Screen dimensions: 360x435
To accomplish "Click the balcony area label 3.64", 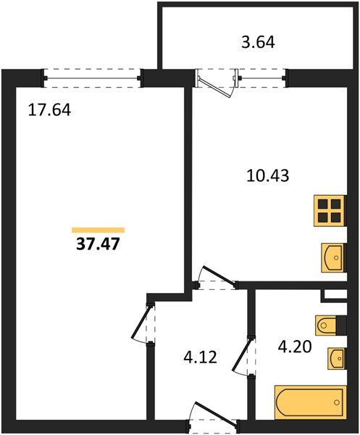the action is point(258,43).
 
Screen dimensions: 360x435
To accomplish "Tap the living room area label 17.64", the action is point(50,110).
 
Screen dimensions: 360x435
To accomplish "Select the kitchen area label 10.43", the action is point(268,175).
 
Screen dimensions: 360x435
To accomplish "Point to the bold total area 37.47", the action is point(98,244).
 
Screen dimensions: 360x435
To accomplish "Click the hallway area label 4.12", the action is point(200,357).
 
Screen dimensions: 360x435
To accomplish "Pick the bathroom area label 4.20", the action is point(295,347).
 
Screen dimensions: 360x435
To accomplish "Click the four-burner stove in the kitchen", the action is point(330,211).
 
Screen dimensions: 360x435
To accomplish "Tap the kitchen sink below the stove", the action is point(333,257).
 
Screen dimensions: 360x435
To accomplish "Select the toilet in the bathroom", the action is point(326,324).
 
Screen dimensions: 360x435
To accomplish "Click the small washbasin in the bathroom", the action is point(337,358).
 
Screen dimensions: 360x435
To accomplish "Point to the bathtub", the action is point(311,402).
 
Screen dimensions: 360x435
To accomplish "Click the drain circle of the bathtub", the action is point(337,402).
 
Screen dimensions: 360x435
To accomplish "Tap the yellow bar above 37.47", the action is point(98,230).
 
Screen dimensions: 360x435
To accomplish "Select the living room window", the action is point(92,78).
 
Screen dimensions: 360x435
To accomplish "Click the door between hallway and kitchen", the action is point(218,277).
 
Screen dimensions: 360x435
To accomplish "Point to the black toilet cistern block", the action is point(341,324).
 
